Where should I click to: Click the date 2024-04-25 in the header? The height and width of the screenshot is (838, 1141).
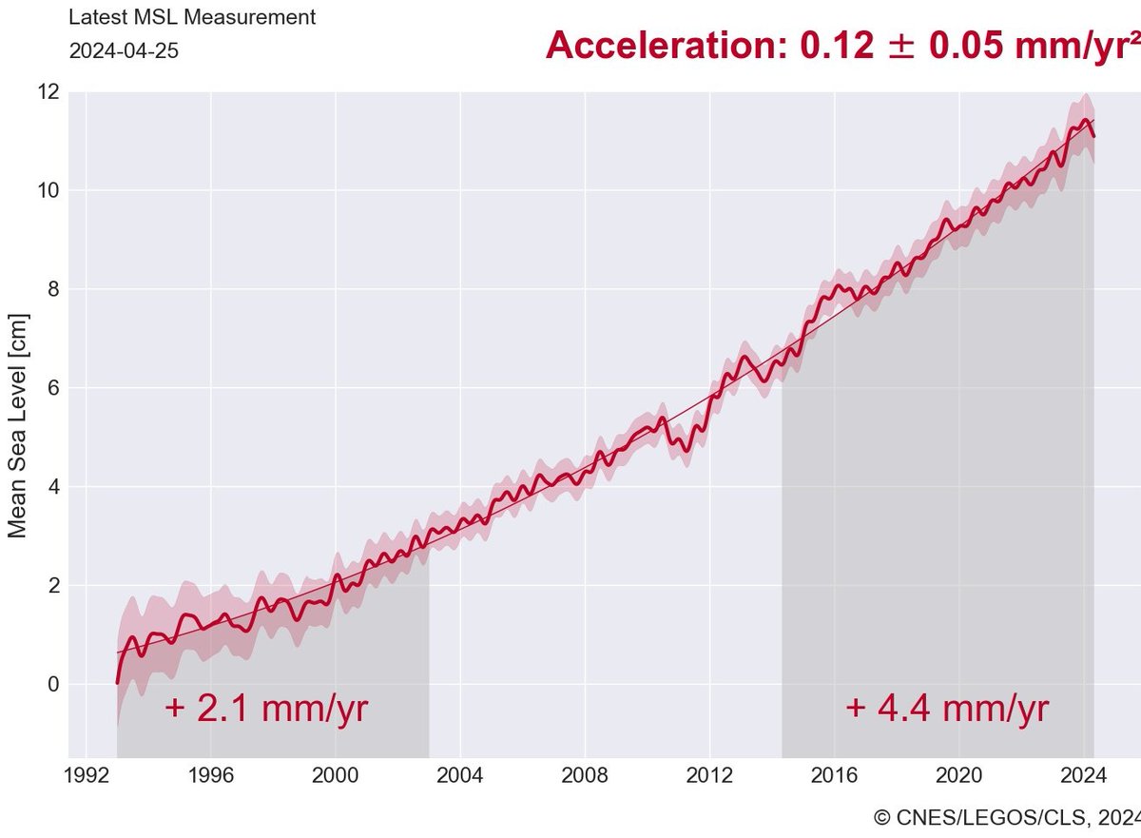coord(124,51)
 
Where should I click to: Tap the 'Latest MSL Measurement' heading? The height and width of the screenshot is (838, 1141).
coord(192,17)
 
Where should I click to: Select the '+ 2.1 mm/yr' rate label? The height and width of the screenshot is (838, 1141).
coord(265,710)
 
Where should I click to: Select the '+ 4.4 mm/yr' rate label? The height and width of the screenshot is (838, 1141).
coord(946,710)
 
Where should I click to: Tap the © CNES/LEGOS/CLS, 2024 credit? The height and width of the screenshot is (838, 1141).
coord(1006,817)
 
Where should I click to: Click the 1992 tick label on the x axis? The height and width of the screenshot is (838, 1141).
coord(87,775)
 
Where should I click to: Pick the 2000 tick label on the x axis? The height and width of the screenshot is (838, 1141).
coord(336,775)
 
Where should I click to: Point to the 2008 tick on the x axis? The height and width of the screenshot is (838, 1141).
coord(585,775)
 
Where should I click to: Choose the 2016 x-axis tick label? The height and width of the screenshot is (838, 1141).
coord(834,775)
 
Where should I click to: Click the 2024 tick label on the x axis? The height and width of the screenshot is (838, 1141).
coord(1083,775)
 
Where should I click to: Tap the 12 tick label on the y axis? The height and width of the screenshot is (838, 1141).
coord(48,92)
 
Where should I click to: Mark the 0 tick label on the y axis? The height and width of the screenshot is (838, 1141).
coord(53,685)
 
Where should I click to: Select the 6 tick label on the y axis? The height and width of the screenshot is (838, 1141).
coord(53,388)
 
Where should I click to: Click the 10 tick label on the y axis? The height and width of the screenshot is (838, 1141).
coord(48,190)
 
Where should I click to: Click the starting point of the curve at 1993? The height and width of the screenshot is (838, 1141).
coord(118,682)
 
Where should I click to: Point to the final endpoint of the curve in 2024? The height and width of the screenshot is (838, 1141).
coord(1094,136)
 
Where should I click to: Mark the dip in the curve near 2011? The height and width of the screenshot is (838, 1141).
coord(686,449)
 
